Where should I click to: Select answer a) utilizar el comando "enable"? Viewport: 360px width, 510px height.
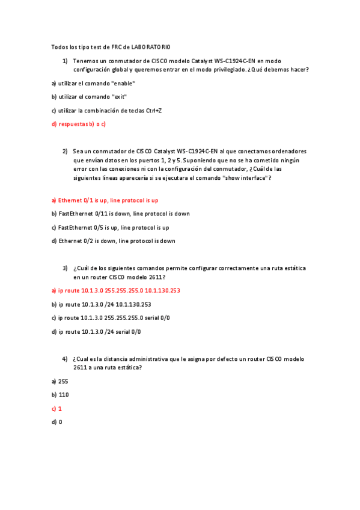coord(93,84)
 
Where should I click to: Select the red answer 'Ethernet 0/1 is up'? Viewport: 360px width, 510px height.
coord(105,200)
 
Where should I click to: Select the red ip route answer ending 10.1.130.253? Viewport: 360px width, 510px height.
coord(115,290)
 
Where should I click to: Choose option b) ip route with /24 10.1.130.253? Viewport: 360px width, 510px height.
coord(101,304)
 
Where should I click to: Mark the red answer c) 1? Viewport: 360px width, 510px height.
coord(57,408)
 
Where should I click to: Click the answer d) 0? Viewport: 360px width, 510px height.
coord(57,422)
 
